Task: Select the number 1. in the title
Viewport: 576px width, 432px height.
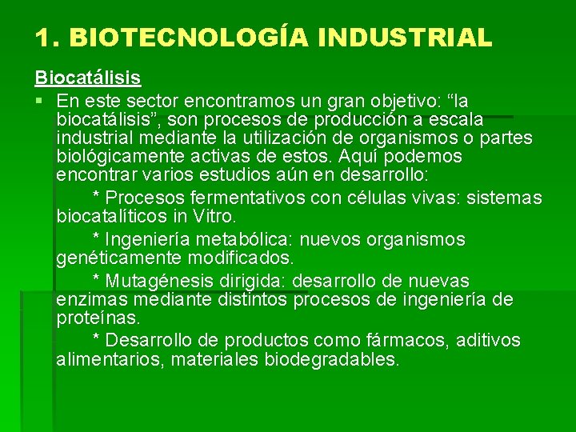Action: (x=47, y=37)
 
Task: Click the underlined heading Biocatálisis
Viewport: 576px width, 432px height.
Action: (x=87, y=78)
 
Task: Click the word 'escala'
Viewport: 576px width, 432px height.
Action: (x=456, y=120)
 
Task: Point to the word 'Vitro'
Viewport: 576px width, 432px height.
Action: (x=214, y=217)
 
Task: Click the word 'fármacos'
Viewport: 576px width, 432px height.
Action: (x=406, y=341)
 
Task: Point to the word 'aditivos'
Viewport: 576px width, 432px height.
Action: (x=489, y=341)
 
